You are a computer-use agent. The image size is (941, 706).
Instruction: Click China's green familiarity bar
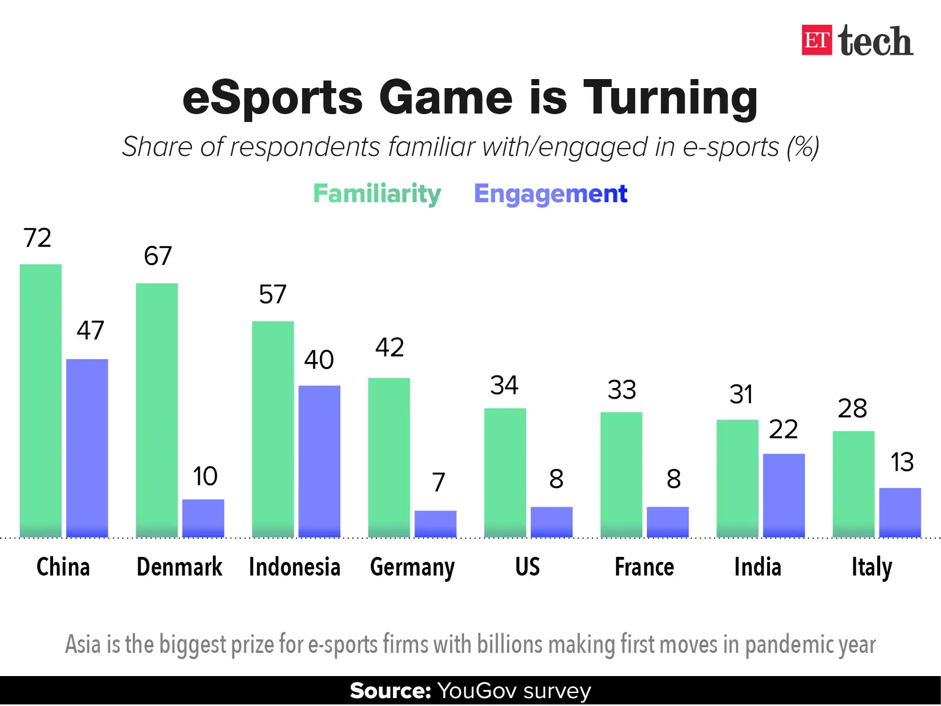(41, 400)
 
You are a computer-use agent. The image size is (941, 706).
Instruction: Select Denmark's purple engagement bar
(203, 518)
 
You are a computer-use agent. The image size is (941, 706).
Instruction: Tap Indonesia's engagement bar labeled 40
(319, 461)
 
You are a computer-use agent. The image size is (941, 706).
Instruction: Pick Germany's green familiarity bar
(389, 457)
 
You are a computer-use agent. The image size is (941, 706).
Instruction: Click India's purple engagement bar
(784, 495)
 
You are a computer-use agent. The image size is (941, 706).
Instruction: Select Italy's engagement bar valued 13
(900, 512)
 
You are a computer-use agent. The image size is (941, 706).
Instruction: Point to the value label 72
(37, 238)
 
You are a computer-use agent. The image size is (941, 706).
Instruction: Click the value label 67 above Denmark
(157, 256)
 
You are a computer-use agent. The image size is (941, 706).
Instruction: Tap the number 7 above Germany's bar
(439, 482)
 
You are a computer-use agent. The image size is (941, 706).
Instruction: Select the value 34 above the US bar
(504, 386)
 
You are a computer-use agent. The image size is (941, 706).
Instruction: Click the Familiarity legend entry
(377, 194)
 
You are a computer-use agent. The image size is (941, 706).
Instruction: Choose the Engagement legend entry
(550, 194)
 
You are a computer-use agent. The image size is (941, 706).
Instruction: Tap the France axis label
(644, 567)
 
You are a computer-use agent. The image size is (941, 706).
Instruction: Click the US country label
(527, 567)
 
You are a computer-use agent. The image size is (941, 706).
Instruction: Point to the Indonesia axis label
(295, 567)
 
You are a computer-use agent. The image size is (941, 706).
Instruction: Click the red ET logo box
(816, 40)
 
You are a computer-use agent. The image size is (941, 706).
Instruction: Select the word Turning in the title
(670, 98)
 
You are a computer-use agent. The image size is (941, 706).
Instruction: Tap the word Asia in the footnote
(84, 644)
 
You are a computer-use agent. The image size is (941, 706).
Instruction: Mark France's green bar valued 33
(621, 474)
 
